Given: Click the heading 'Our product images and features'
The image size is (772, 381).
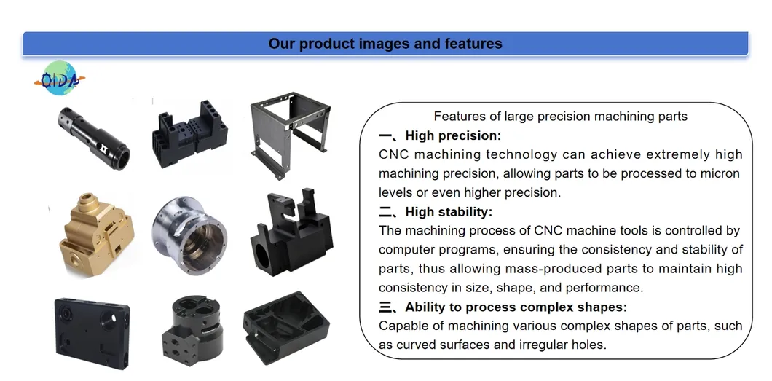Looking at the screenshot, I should pyautogui.click(x=385, y=44).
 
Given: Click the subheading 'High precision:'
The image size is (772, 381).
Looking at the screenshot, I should pyautogui.click(x=453, y=135).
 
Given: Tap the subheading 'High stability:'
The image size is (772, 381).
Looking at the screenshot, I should pyautogui.click(x=449, y=212).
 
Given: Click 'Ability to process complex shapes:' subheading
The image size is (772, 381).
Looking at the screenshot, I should pyautogui.click(x=516, y=307).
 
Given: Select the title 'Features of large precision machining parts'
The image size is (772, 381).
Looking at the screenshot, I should pyautogui.click(x=560, y=116).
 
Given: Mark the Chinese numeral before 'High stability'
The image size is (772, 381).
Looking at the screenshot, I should pyautogui.click(x=387, y=212).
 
